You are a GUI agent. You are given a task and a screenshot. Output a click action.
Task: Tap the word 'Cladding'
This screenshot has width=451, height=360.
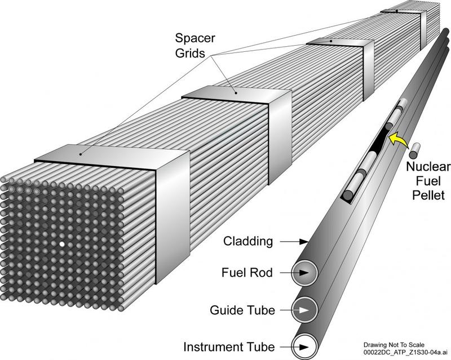(x=249, y=242)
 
